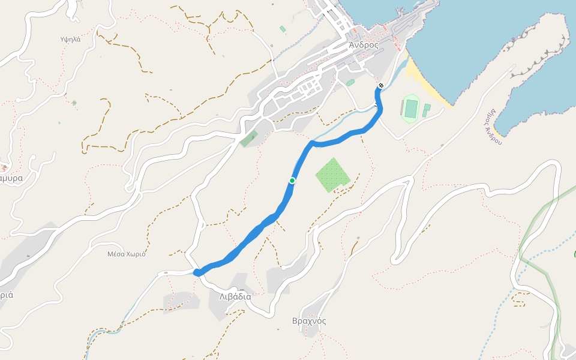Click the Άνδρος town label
click(x=364, y=45)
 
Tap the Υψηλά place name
click(x=70, y=40)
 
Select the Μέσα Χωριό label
click(x=127, y=254)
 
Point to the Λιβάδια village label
click(x=230, y=296)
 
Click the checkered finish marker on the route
click(x=380, y=86)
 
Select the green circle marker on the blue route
click(x=292, y=181)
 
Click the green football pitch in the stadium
click(x=411, y=109)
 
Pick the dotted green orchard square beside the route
click(x=332, y=175)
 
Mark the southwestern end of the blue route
click(x=197, y=273)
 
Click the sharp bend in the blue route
click(x=312, y=143)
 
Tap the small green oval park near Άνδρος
click(x=350, y=83)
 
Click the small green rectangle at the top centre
click(x=283, y=29)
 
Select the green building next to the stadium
click(x=426, y=110)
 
